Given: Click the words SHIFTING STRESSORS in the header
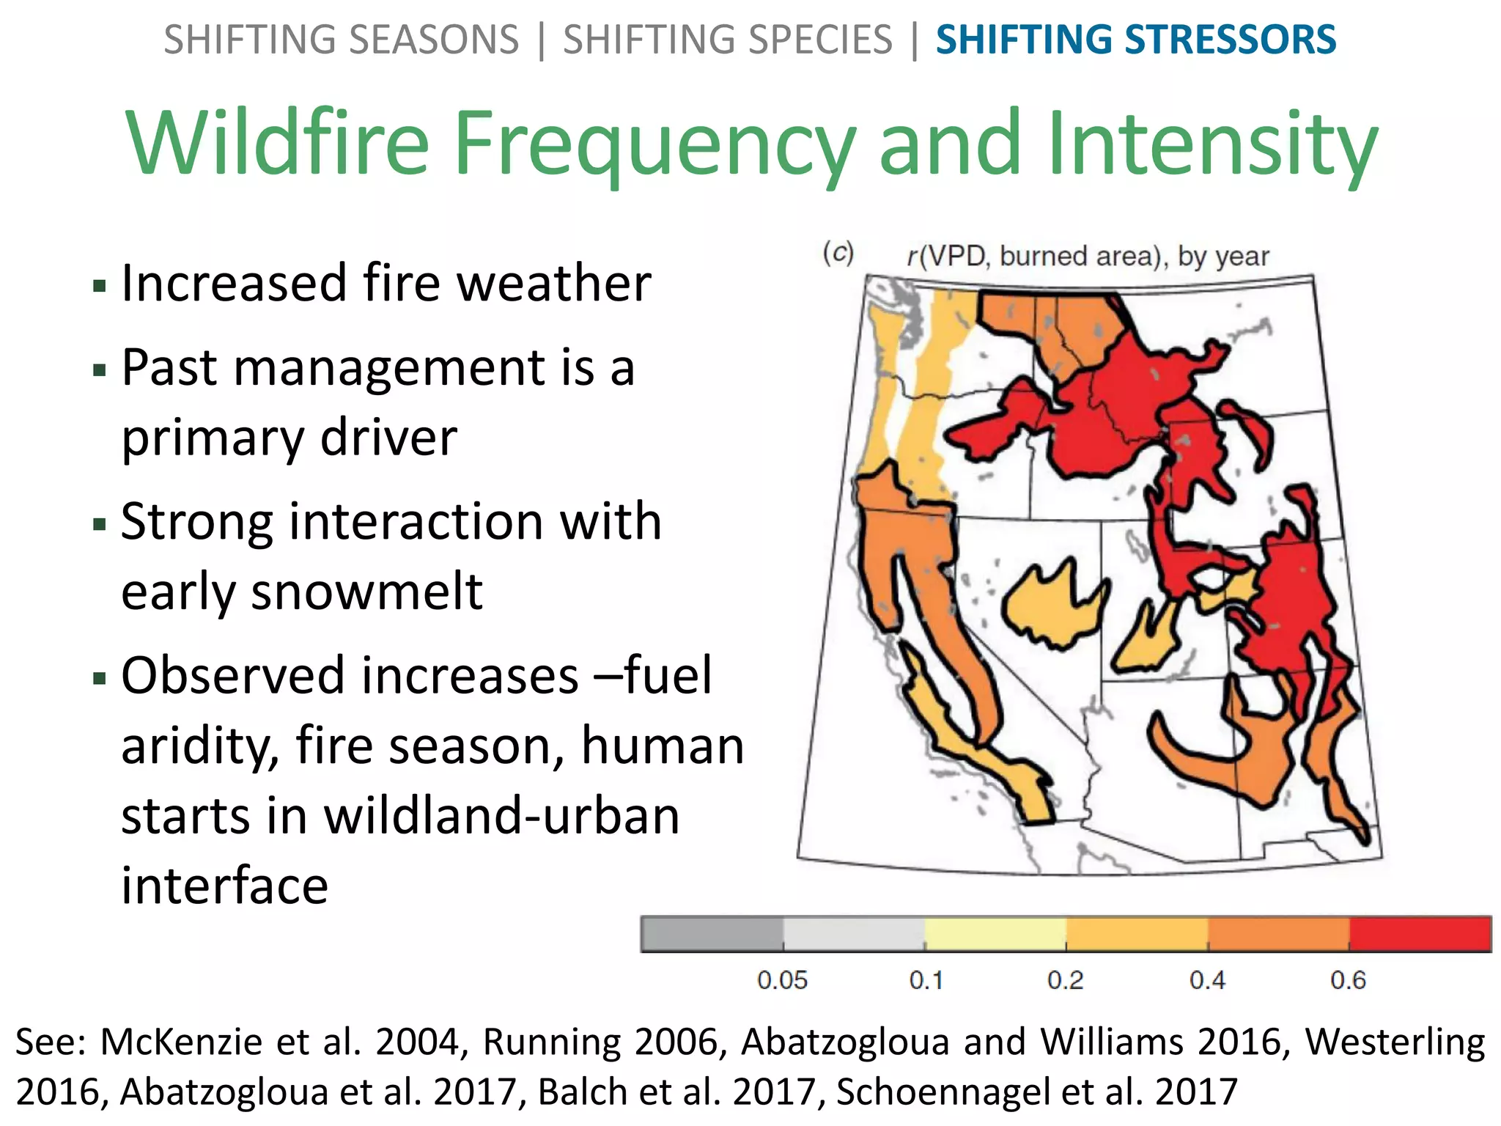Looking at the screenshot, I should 1135,40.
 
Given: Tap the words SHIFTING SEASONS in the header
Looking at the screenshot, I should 341,40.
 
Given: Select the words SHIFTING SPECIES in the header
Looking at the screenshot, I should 727,40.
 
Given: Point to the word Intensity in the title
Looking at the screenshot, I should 1212,142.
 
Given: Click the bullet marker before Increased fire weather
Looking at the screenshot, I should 100,285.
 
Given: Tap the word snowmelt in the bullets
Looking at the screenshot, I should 301,592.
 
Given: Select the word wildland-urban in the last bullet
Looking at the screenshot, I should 502,816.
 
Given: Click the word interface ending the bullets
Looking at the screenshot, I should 224,886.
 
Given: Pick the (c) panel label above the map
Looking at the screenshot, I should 838,253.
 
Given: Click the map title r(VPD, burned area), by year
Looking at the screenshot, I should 1088,257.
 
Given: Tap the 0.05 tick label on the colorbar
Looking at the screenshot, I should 782,980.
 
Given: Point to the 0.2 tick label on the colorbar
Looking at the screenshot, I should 1065,980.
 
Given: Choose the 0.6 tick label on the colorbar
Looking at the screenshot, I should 1348,980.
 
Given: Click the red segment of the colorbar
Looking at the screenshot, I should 1420,934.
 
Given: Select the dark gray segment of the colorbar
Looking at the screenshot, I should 712,934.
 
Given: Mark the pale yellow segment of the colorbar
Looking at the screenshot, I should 995,934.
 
